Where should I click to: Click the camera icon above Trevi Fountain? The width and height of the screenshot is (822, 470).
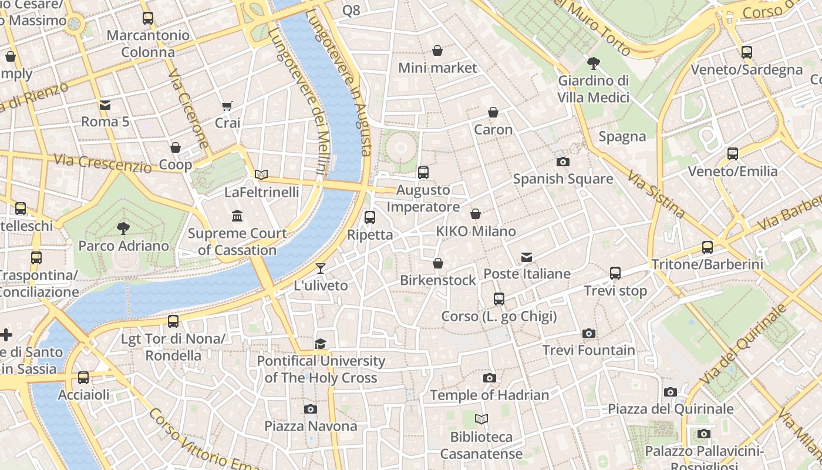click(x=589, y=333)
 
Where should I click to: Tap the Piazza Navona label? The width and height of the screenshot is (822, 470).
click(x=311, y=425)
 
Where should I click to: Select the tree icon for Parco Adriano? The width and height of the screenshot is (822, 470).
click(x=123, y=228)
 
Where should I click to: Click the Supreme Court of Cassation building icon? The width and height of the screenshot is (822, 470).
click(x=237, y=216)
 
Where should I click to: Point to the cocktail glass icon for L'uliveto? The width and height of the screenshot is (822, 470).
click(x=320, y=268)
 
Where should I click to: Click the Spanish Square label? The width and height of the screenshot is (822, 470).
click(x=562, y=179)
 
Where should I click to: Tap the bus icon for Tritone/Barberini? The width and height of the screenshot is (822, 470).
click(x=708, y=247)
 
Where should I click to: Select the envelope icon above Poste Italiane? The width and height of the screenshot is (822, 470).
click(x=527, y=257)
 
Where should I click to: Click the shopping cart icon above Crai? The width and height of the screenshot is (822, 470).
click(x=227, y=106)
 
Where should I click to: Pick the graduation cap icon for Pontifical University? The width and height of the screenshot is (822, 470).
click(x=320, y=344)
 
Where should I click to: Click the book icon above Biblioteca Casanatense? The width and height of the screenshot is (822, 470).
click(x=481, y=419)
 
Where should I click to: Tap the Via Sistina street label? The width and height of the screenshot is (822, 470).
click(x=656, y=193)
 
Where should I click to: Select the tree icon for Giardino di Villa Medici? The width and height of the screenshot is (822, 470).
click(x=594, y=63)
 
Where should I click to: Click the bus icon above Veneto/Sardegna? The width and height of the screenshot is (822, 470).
click(x=746, y=52)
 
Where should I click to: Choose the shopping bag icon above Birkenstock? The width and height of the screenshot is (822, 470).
click(x=438, y=263)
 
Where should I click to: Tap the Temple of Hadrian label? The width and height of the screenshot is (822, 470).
click(x=489, y=395)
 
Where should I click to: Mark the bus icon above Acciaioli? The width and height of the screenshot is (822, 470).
click(x=83, y=377)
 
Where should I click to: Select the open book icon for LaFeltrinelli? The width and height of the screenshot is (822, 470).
click(x=261, y=174)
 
